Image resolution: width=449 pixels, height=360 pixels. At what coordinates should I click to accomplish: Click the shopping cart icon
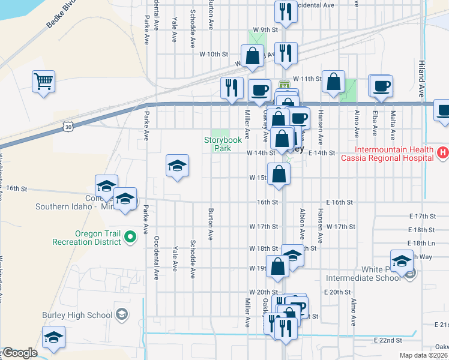[x=44, y=81]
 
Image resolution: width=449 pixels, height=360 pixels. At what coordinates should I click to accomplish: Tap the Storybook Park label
[x=223, y=144]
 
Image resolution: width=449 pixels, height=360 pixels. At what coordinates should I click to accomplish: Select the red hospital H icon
[x=443, y=153]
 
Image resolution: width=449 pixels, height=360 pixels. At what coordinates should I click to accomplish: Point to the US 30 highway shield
[x=68, y=127]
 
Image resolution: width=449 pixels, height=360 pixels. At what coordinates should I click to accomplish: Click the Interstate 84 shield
[x=285, y=85]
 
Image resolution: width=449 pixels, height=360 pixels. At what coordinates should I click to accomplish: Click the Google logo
[x=19, y=353]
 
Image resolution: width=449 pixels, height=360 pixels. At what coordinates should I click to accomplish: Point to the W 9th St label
[x=266, y=29]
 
